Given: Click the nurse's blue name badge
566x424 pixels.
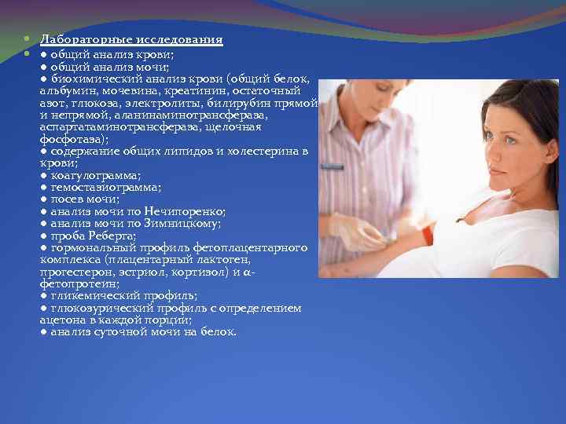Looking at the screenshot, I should (332, 166).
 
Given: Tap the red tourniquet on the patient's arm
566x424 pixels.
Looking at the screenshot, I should (426, 234).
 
